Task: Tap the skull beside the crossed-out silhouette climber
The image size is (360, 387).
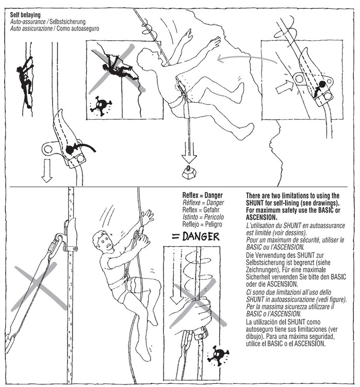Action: pyautogui.click(x=101, y=105)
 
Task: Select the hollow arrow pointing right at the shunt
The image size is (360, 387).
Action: pyautogui.click(x=284, y=87)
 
